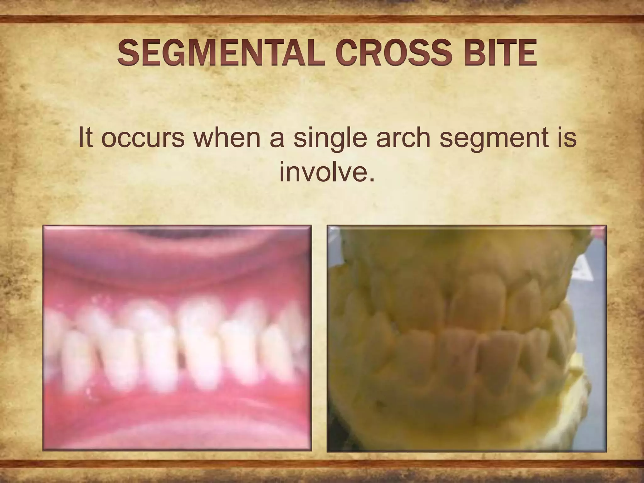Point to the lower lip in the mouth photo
click(x=176, y=428)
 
